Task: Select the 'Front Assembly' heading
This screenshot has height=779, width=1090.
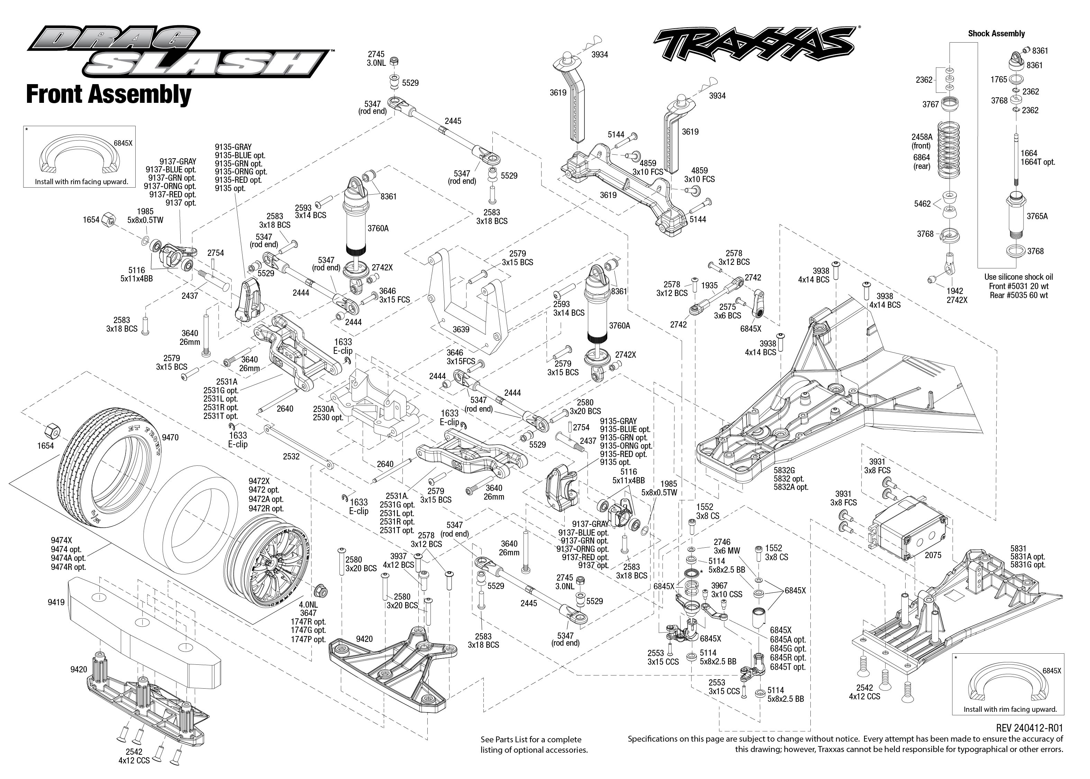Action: tap(108, 94)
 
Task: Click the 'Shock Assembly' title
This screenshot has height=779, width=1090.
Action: tap(996, 34)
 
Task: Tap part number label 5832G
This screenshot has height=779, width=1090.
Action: tap(784, 470)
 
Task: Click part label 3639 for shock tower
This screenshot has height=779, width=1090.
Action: tap(461, 330)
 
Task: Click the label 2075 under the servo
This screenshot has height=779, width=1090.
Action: tap(933, 555)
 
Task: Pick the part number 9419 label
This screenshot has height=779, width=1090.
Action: tap(56, 602)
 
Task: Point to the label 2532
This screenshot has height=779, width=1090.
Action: tap(291, 456)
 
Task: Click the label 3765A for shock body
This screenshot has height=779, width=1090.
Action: tap(1037, 216)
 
